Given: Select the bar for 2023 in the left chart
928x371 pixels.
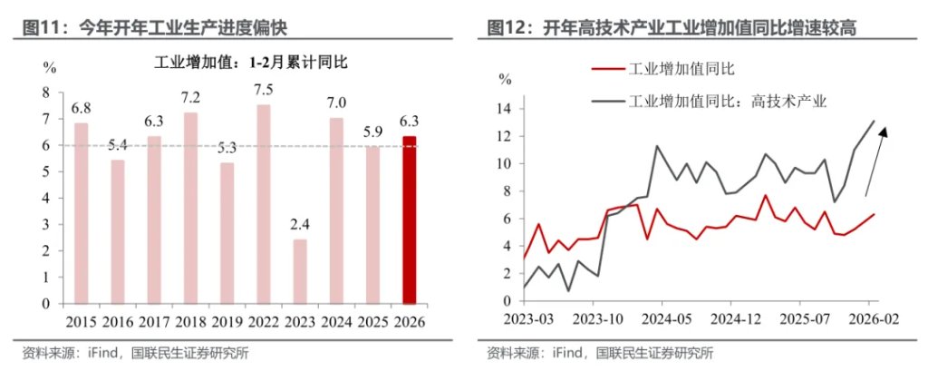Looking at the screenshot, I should pos(300,271).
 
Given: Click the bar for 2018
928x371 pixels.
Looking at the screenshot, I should pos(190,208).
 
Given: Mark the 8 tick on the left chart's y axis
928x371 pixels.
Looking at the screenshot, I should pos(46,92).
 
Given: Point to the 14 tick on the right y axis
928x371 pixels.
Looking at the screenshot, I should pos(505,110).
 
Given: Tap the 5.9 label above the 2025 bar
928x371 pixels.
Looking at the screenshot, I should pos(372,132).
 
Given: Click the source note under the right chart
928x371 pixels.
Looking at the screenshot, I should pos(599,353).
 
